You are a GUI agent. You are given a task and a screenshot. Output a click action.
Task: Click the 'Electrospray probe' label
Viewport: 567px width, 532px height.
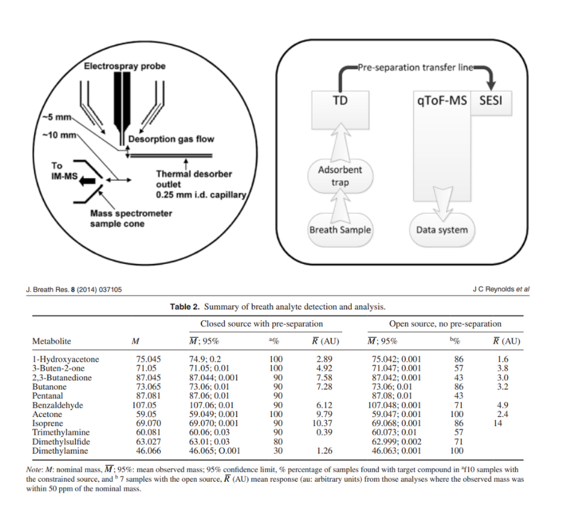(125, 66)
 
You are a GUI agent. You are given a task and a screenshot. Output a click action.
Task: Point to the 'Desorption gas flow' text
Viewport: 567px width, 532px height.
(170, 139)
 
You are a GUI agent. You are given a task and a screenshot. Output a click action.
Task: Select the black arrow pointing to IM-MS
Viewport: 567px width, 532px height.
(85, 183)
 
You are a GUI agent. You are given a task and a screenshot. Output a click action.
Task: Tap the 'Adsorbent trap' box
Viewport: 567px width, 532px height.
(340, 176)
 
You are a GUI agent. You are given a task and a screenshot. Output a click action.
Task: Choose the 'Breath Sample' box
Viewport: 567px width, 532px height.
(340, 229)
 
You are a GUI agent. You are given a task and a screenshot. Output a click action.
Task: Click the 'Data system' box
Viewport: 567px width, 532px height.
(442, 229)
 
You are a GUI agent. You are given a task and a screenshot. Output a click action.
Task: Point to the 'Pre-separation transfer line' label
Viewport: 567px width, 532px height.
(417, 67)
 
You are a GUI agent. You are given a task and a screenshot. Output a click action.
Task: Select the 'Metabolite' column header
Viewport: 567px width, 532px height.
(52, 341)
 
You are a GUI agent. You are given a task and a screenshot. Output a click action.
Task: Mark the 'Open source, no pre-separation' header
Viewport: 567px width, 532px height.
(445, 323)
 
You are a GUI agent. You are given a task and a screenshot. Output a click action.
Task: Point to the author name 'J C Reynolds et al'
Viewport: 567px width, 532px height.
(500, 289)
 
